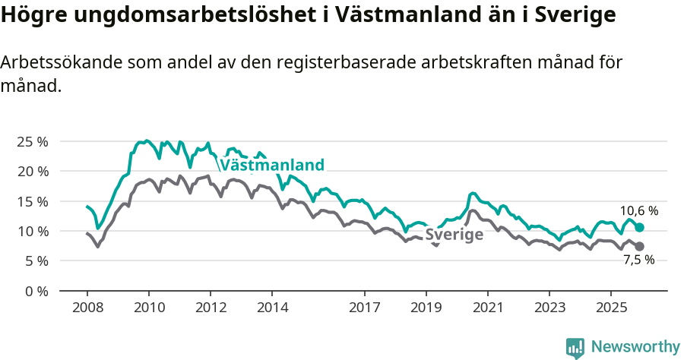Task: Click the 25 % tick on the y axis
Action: click(x=32, y=142)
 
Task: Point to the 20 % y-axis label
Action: click(x=32, y=172)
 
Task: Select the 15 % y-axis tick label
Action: click(x=32, y=201)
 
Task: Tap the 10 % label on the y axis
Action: click(x=32, y=231)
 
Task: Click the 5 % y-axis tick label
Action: click(x=36, y=261)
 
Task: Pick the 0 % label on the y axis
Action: click(x=36, y=291)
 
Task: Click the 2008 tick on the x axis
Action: click(x=87, y=308)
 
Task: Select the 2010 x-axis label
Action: click(x=148, y=308)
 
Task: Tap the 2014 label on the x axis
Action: click(x=272, y=308)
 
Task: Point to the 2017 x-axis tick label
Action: click(x=364, y=308)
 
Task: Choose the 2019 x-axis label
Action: click(x=426, y=308)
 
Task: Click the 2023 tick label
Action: click(x=549, y=308)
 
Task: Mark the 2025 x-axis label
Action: click(x=610, y=308)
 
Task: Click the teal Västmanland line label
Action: click(x=271, y=165)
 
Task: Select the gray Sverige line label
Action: click(x=454, y=235)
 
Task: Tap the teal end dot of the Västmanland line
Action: click(x=639, y=227)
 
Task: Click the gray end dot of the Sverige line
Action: click(x=639, y=246)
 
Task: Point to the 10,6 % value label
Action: click(x=639, y=211)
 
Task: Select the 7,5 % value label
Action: click(x=639, y=261)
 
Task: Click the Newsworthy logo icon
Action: click(x=575, y=347)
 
